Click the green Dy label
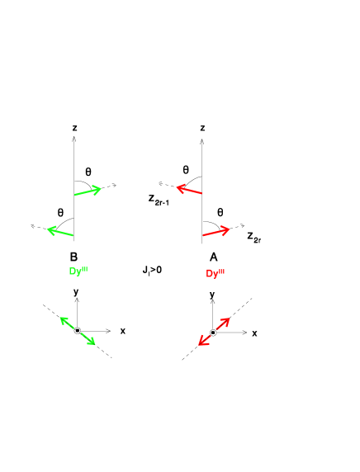tap(78, 271)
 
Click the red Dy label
tap(215, 273)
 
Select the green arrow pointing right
tap(88, 192)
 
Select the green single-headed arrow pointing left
tap(60, 232)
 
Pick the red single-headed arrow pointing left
tap(189, 191)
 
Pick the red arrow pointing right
tap(216, 232)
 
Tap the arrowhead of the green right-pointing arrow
tap(99, 190)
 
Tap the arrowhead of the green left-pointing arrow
tap(49, 229)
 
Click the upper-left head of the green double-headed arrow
tap(62, 319)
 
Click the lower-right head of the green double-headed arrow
tap(93, 343)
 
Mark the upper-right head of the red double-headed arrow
tap(227, 320)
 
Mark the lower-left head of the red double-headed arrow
tap(201, 344)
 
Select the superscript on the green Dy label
tap(84, 268)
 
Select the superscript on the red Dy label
tap(221, 270)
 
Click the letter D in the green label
tap(73, 271)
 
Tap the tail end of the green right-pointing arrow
tap(75, 196)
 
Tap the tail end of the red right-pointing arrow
tap(203, 236)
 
